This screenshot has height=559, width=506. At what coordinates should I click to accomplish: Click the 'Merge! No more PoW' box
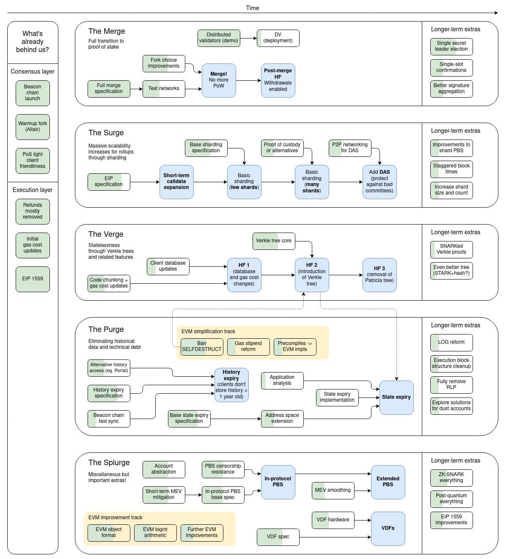click(219, 80)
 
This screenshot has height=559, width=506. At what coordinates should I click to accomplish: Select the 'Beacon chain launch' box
click(33, 93)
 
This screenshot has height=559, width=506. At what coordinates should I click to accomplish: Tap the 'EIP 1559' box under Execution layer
click(33, 279)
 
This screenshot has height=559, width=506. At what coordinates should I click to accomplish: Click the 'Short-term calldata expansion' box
click(176, 182)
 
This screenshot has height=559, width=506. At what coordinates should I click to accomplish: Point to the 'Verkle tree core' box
click(273, 241)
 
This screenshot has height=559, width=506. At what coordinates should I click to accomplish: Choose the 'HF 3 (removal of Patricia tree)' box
click(379, 275)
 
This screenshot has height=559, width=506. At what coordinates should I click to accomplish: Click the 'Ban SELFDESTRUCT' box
click(202, 346)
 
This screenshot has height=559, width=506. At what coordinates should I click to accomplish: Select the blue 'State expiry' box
click(396, 397)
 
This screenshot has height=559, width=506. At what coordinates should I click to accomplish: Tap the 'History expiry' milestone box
click(231, 384)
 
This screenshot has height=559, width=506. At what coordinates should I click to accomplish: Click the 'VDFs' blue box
click(388, 528)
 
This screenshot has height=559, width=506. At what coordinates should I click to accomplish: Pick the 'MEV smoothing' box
click(333, 490)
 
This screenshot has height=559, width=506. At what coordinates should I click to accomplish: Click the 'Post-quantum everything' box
click(451, 499)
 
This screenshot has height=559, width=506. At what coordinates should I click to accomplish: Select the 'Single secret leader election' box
click(451, 46)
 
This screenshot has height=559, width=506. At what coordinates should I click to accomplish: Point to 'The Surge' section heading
click(106, 133)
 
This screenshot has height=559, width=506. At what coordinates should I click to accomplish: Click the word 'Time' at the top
click(253, 8)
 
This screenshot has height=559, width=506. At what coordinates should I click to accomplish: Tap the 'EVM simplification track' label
click(208, 332)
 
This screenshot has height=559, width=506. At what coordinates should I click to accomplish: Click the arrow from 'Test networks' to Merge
click(193, 89)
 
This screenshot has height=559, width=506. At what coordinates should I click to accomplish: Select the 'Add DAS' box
click(379, 182)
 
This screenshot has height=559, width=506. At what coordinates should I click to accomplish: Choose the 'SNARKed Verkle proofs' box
click(451, 249)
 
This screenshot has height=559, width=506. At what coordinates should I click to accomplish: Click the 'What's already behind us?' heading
click(33, 42)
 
